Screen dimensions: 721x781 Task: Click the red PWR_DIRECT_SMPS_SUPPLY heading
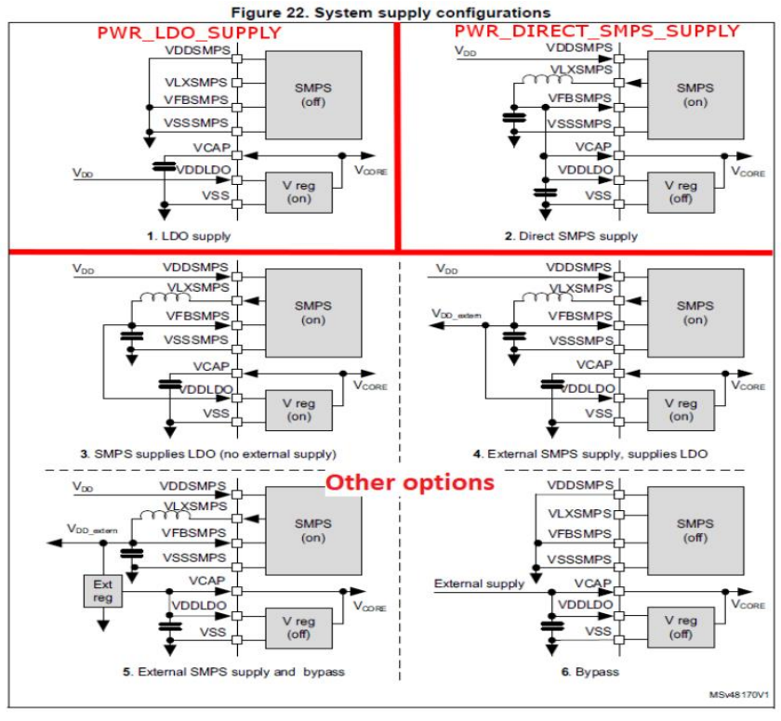point(597,31)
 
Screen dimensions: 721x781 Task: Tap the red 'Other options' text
point(409,483)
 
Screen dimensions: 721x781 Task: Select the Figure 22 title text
point(391,10)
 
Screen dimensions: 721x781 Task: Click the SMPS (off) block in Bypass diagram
point(695,530)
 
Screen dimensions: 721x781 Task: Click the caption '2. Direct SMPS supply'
point(572,236)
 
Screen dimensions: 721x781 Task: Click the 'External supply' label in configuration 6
point(479,583)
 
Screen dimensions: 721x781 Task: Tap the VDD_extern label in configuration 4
point(457,315)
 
